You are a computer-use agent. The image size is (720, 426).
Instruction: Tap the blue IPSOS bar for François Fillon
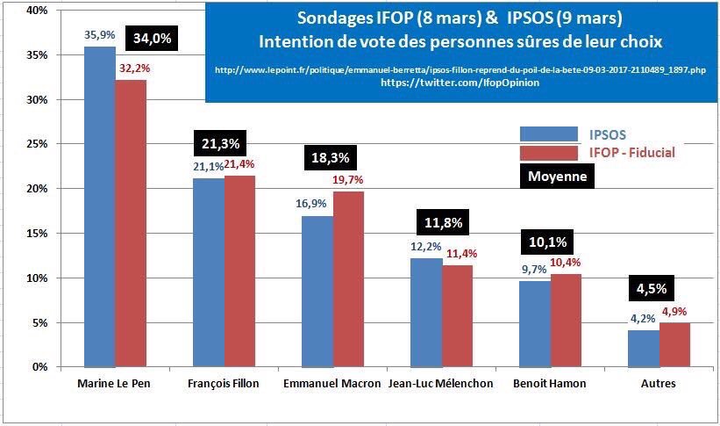click(x=208, y=272)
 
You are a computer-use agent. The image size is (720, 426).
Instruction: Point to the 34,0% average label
click(x=153, y=39)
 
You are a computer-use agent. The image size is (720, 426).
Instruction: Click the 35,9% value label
click(x=98, y=37)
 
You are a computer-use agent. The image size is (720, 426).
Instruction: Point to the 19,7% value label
click(x=348, y=180)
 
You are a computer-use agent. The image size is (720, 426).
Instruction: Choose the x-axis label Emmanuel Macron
click(x=332, y=385)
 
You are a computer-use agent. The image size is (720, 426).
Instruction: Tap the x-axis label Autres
click(x=659, y=385)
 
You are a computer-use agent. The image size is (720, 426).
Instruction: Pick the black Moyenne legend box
click(x=557, y=176)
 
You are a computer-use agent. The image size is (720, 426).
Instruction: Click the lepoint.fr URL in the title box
click(x=460, y=69)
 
